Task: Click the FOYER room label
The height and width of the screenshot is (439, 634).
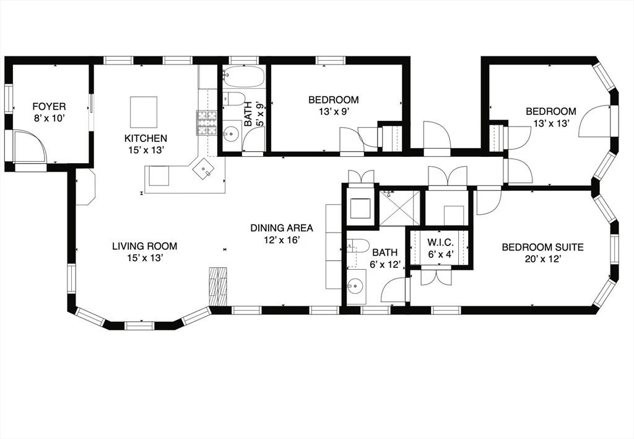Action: (x=49, y=107)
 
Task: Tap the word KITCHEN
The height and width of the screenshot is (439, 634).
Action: (x=145, y=138)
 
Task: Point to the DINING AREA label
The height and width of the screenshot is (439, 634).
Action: (x=282, y=228)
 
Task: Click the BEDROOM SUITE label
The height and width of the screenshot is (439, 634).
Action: (x=542, y=247)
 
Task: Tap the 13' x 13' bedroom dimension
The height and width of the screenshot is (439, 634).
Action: (x=550, y=123)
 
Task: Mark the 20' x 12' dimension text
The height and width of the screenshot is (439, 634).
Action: (x=542, y=259)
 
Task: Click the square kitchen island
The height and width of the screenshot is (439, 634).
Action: (x=143, y=112)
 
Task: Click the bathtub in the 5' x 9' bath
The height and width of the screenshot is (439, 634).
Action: (x=243, y=78)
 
